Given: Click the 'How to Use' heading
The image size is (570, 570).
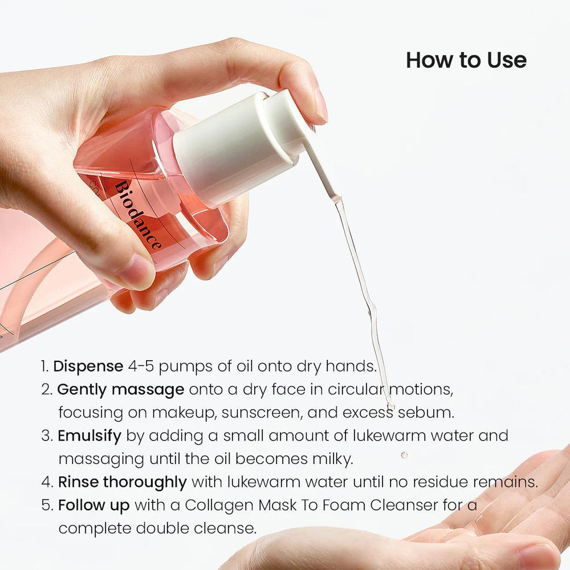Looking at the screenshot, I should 466,60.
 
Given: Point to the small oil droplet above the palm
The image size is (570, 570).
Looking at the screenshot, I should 404,455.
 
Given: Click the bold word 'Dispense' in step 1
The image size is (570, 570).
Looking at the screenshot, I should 88,366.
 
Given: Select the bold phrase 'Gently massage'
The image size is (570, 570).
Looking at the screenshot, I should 120,389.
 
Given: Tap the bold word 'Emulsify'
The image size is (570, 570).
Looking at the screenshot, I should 89,436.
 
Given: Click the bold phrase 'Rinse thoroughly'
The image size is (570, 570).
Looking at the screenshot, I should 122,482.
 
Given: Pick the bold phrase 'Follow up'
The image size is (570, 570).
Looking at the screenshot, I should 93,505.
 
